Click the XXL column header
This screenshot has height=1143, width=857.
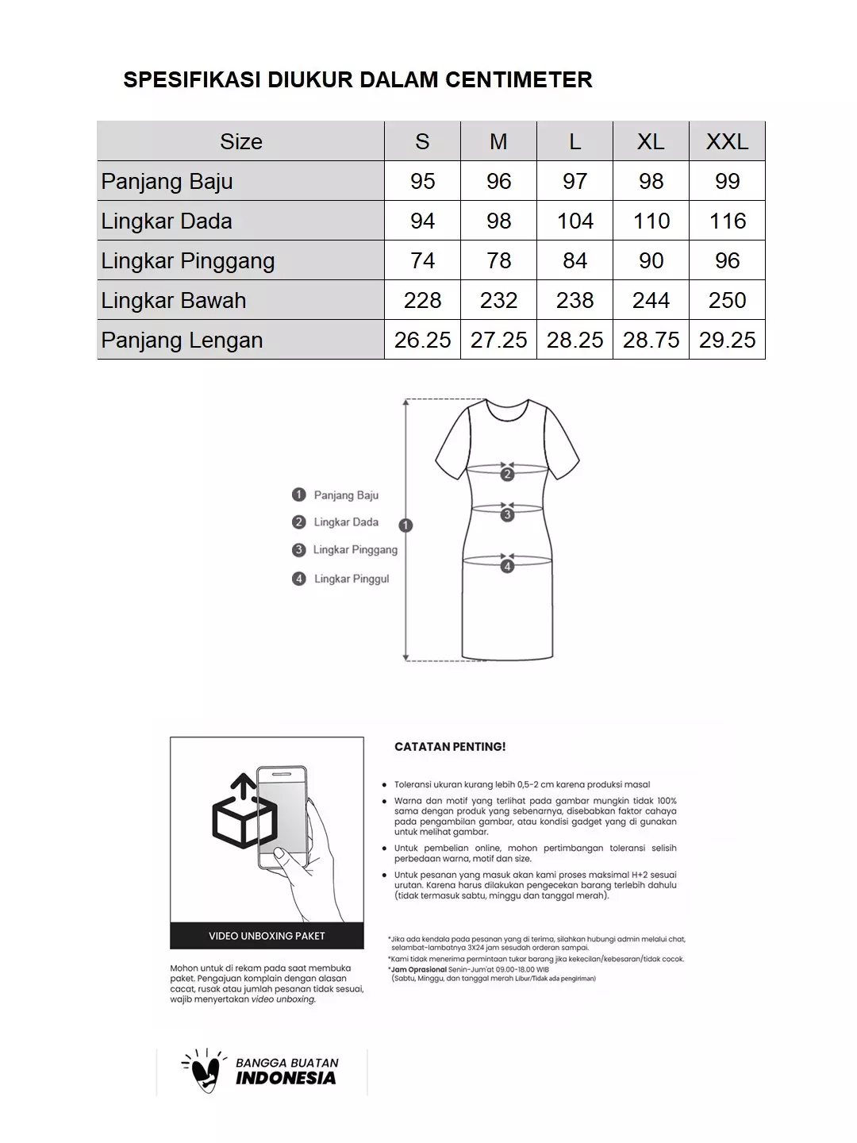click(727, 141)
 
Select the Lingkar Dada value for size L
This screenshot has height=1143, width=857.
click(575, 221)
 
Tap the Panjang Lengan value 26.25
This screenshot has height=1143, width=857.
click(422, 340)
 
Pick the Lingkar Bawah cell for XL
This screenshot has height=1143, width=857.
click(651, 300)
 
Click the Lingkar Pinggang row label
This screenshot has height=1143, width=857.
click(188, 260)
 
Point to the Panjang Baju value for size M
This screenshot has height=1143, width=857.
click(498, 181)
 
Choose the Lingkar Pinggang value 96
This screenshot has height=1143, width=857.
click(727, 260)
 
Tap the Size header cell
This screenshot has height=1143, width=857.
click(240, 141)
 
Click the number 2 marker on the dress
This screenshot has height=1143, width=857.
click(507, 475)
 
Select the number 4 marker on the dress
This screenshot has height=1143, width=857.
click(507, 566)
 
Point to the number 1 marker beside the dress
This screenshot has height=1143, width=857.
click(405, 525)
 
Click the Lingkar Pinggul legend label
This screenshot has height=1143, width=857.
click(352, 579)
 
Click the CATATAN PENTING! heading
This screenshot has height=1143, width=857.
click(450, 747)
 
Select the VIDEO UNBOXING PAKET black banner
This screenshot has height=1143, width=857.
click(267, 936)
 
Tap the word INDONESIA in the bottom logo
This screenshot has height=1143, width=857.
click(286, 1078)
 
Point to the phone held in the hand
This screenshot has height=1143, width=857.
click(282, 818)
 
